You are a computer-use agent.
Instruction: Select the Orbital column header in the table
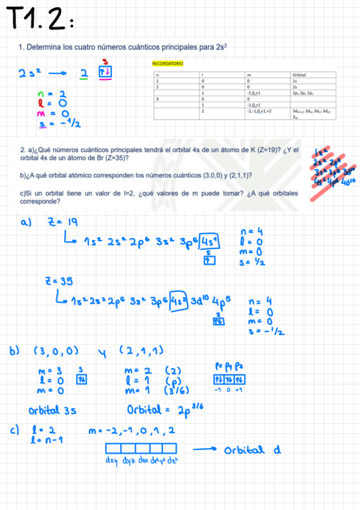(x=298, y=75)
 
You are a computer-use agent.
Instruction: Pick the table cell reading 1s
(x=294, y=81)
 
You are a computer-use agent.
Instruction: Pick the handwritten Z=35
(x=56, y=280)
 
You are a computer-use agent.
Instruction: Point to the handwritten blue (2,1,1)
(x=142, y=351)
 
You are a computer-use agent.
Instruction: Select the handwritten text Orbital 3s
(x=52, y=411)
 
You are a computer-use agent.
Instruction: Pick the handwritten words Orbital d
(x=252, y=450)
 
